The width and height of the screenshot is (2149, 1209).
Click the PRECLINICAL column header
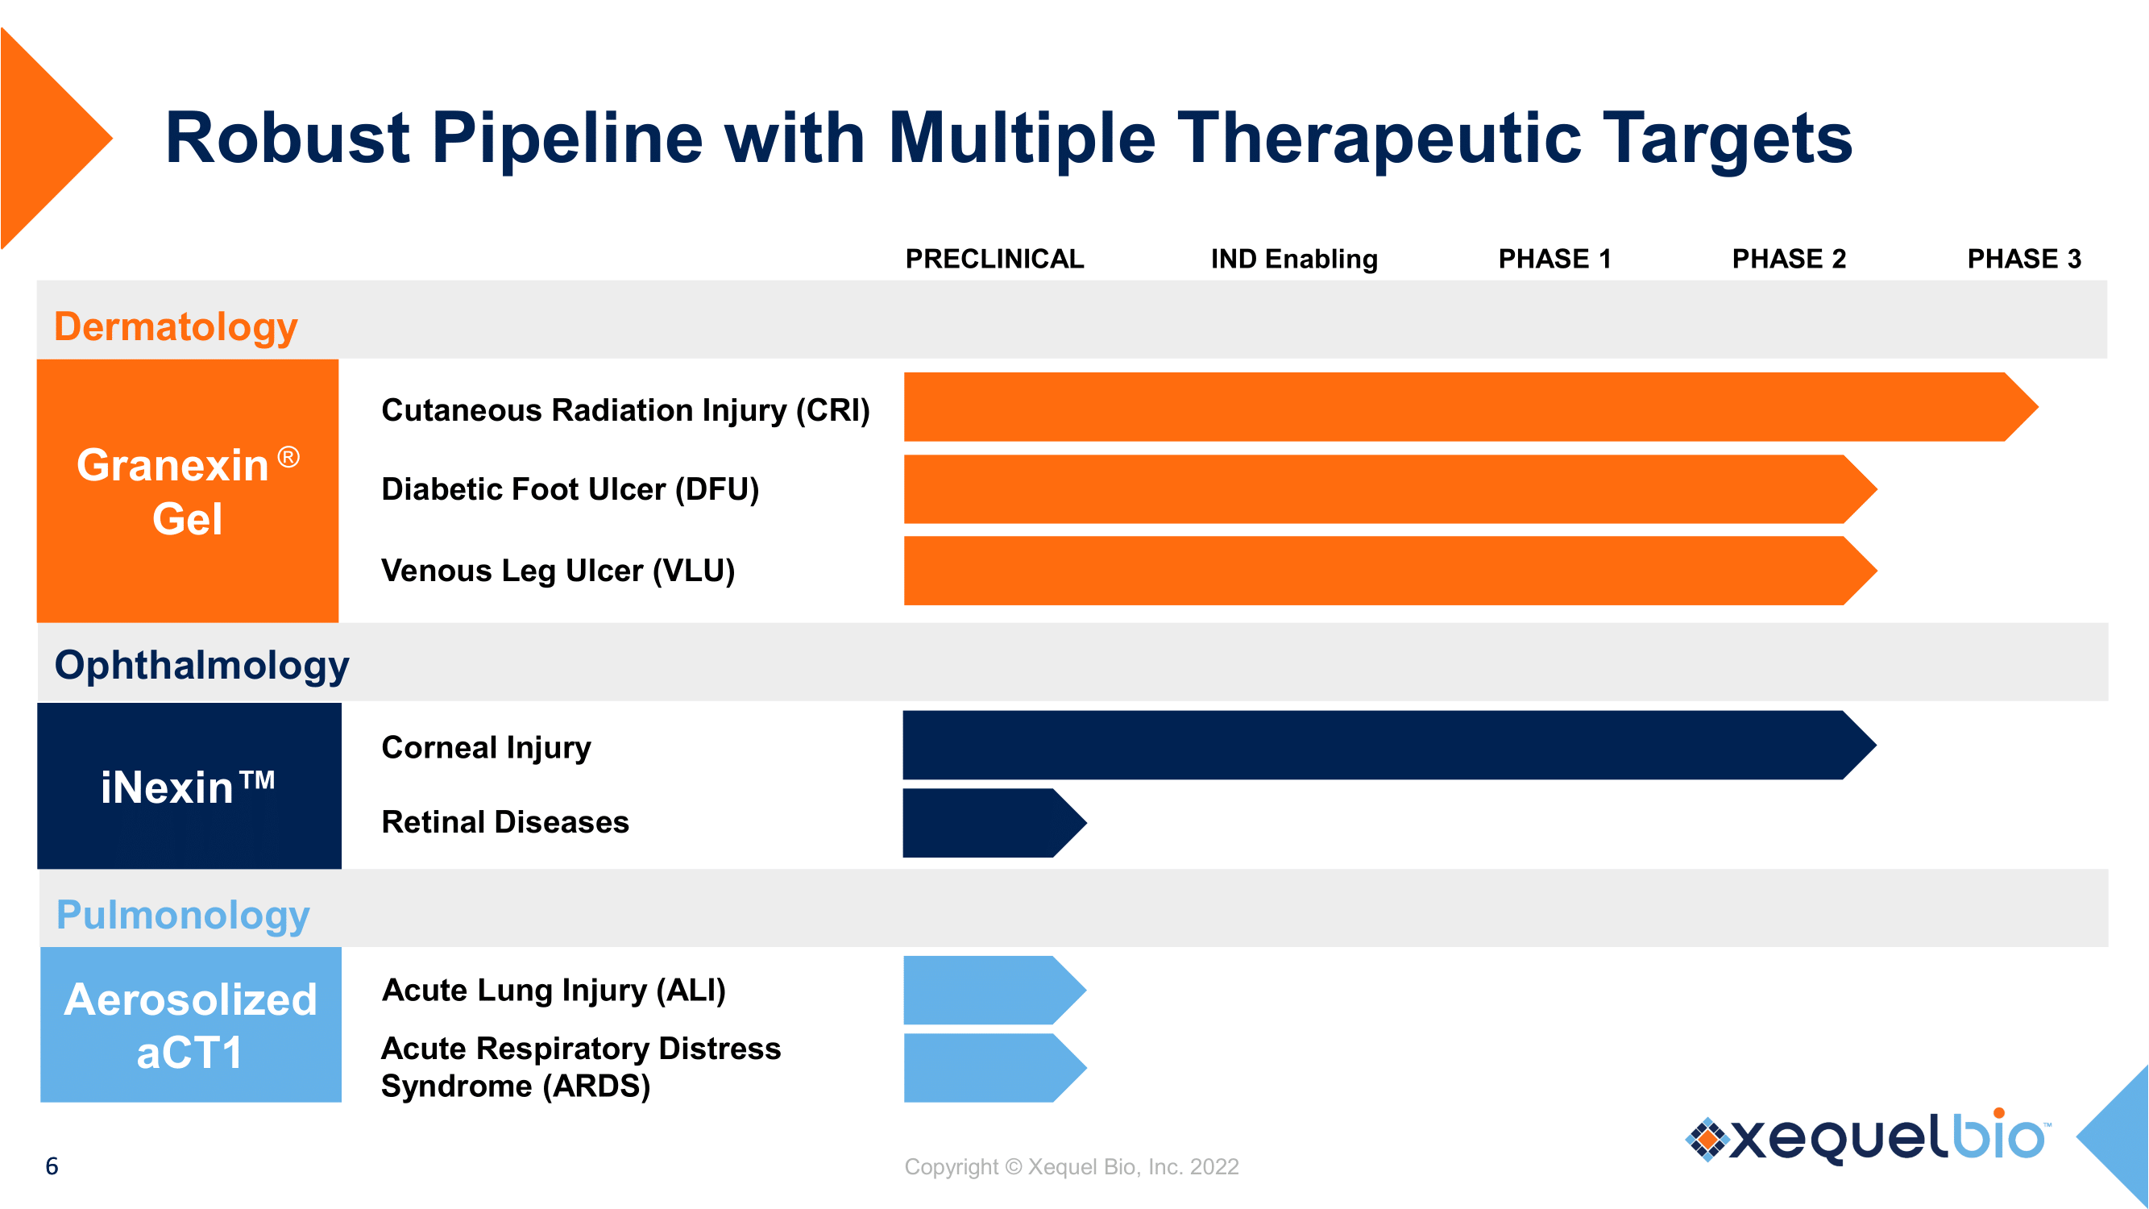994,259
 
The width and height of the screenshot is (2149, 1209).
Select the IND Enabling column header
1294,259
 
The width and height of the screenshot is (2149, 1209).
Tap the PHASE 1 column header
1554,259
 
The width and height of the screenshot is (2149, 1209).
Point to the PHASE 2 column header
1789,259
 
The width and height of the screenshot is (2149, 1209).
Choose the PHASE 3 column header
2024,259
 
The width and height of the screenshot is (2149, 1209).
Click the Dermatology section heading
175,326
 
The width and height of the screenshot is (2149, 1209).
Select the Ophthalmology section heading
201,665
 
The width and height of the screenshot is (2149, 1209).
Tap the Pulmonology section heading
183,915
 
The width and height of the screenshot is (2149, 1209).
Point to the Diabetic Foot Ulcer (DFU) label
570,489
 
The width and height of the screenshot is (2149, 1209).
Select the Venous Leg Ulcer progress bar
1376,571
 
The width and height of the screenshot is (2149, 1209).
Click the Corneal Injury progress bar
1376,745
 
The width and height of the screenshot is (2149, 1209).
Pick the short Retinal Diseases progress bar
985,823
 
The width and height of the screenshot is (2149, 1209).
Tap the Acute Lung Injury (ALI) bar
985,990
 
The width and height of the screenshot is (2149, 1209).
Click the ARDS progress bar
985,1067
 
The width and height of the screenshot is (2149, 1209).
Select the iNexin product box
189,786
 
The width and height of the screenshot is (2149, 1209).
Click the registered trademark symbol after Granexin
288,457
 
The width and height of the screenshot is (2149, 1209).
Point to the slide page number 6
52,1165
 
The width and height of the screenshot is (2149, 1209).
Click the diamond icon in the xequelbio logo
1707,1138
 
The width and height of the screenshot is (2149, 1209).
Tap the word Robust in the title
287,138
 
